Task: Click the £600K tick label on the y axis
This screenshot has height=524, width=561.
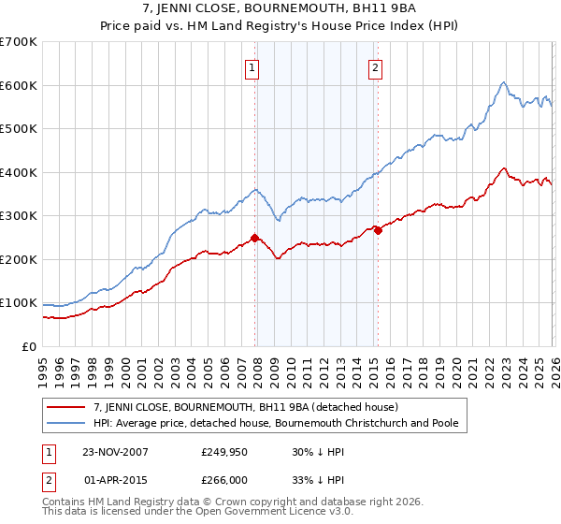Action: pyautogui.click(x=19, y=85)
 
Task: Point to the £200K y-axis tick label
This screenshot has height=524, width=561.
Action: pyautogui.click(x=19, y=259)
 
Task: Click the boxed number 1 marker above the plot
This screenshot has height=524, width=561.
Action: pyautogui.click(x=253, y=66)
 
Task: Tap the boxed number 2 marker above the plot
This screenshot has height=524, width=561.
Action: pyautogui.click(x=375, y=66)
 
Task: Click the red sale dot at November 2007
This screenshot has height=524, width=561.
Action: pyautogui.click(x=254, y=238)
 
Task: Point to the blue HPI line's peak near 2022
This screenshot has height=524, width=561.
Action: pyautogui.click(x=503, y=82)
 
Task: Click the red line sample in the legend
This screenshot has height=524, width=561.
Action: pyautogui.click(x=68, y=407)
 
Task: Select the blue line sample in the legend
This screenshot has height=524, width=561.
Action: pyautogui.click(x=68, y=423)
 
